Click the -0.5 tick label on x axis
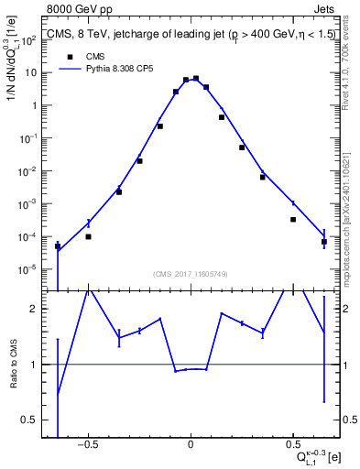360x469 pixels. point(87,445)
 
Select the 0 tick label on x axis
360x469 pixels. point(191,445)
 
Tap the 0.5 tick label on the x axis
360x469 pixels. point(292,445)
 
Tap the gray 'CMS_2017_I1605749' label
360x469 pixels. point(191,273)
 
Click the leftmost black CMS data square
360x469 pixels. point(58,246)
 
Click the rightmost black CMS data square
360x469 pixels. point(324,242)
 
